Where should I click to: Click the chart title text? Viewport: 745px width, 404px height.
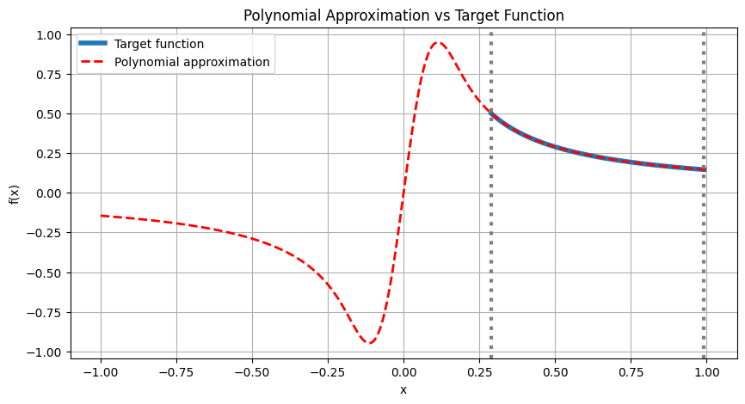(x=403, y=15)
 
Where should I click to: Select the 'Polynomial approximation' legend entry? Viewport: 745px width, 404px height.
(x=192, y=62)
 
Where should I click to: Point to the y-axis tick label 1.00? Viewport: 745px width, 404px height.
(x=48, y=35)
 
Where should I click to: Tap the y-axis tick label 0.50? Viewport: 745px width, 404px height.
(x=48, y=114)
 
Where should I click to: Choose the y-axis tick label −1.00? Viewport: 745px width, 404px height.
(x=45, y=352)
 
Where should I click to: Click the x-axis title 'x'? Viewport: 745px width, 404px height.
(x=403, y=389)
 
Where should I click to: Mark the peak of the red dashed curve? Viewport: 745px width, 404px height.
(x=438, y=42)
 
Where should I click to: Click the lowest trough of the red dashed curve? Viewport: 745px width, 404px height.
(x=370, y=343)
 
